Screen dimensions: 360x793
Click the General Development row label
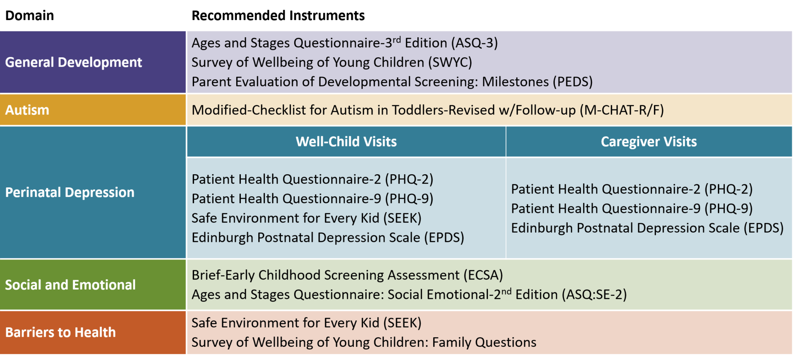click(x=74, y=62)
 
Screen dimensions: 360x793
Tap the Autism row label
click(x=27, y=110)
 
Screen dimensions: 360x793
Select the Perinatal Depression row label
click(x=70, y=192)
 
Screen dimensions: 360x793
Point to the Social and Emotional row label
click(x=70, y=285)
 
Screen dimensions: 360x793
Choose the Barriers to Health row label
click(x=60, y=333)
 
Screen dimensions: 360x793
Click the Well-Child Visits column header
click(x=346, y=142)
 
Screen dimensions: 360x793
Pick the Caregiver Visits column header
click(x=649, y=142)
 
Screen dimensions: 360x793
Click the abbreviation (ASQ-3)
click(x=474, y=43)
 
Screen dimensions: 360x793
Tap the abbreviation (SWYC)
click(x=450, y=62)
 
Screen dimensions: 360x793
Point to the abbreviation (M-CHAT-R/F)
click(x=621, y=110)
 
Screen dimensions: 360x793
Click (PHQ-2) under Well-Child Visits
click(x=409, y=179)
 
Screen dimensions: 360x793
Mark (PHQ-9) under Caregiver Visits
click(x=728, y=209)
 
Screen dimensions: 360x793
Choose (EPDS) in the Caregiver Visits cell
click(x=763, y=228)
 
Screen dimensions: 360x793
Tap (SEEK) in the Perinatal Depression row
click(x=402, y=218)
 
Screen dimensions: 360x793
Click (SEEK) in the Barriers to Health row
click(x=402, y=323)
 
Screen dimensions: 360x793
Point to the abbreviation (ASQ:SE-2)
click(x=596, y=295)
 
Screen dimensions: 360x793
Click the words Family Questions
click(x=484, y=343)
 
